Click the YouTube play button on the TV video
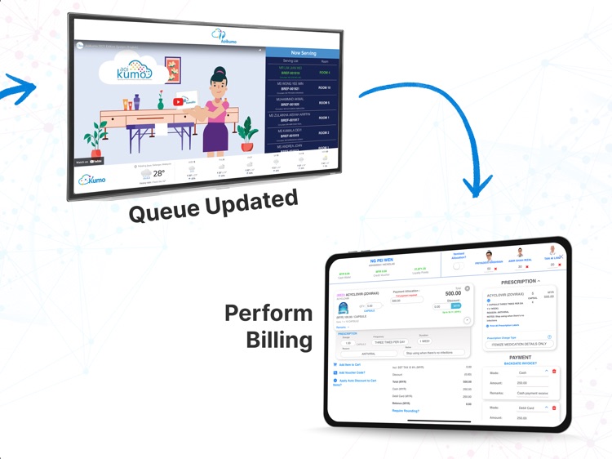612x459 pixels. pos(179,101)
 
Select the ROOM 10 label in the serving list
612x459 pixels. pos(325,88)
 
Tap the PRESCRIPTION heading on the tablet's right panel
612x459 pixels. pos(517,282)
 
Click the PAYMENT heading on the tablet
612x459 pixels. pos(520,357)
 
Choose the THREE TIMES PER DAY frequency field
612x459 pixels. pos(392,341)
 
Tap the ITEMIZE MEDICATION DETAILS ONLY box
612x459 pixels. pos(519,344)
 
